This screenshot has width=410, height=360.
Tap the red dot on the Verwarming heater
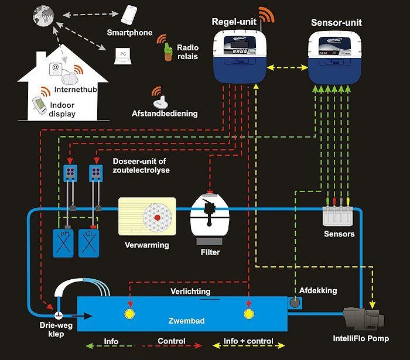pos(157,218)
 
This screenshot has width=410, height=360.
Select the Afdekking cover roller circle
pos(295,302)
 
